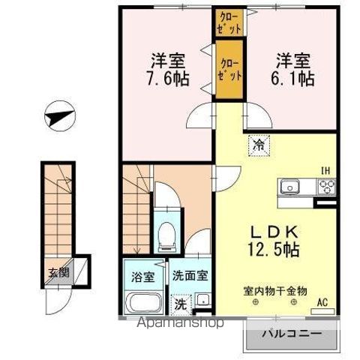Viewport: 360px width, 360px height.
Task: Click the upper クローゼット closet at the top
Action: coord(229,22)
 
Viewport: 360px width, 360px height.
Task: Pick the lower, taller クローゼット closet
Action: coord(229,70)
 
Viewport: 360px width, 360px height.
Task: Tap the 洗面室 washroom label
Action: coord(187,276)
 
